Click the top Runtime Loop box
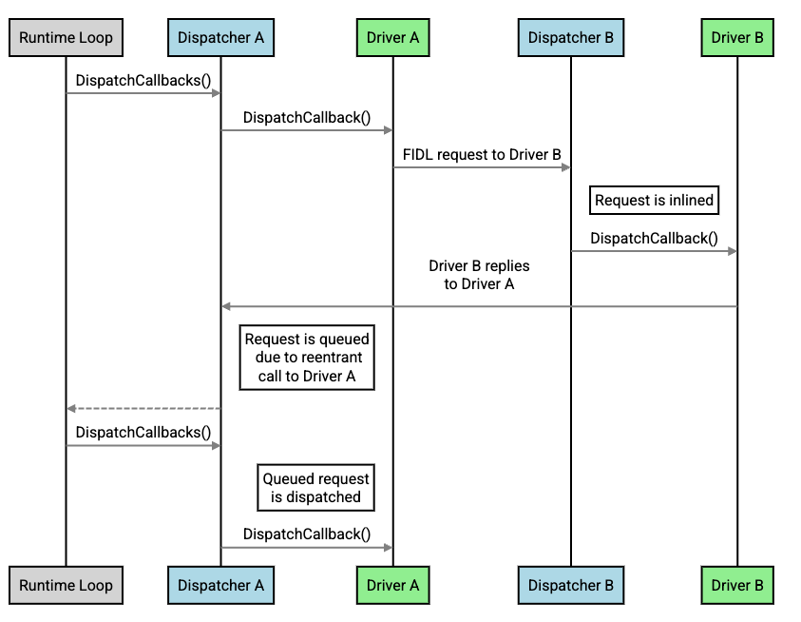[x=66, y=38]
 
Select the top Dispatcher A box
[x=220, y=38]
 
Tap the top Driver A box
[x=392, y=38]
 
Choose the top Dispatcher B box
[x=570, y=38]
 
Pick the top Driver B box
[x=737, y=38]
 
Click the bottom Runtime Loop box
[x=66, y=585]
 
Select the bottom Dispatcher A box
[x=220, y=585]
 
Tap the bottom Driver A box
[x=392, y=585]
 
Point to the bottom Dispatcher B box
[x=570, y=585]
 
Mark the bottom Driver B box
[x=737, y=585]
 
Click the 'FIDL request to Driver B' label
[x=482, y=155]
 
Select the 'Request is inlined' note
[x=654, y=201]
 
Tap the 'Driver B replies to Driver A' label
[x=479, y=274]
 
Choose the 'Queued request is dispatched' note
[x=315, y=487]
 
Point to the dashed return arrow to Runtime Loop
[x=143, y=408]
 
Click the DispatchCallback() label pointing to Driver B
[x=654, y=238]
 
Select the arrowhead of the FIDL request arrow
[x=566, y=167]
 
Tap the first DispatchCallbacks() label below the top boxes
[x=143, y=80]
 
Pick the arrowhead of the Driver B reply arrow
[x=225, y=306]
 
